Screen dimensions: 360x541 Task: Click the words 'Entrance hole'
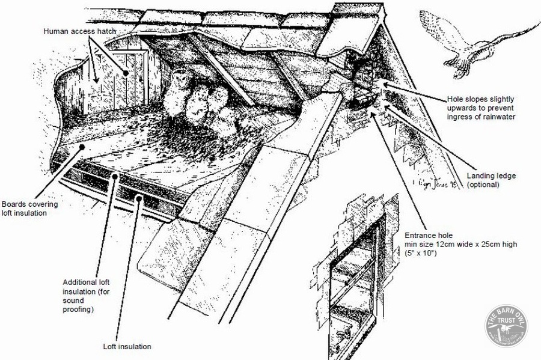pos(427,235)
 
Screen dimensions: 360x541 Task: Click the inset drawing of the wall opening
pos(352,282)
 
